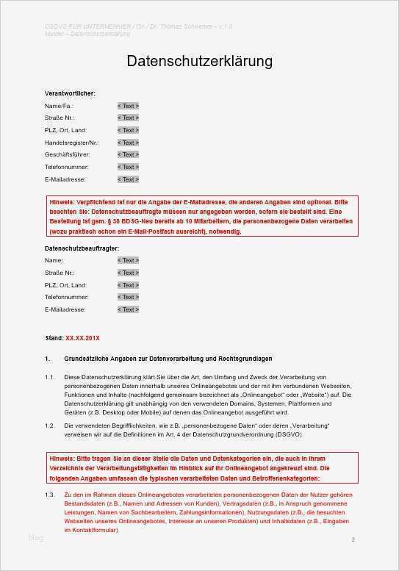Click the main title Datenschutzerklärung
point(200,61)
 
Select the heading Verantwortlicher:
point(70,94)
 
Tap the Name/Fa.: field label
point(59,106)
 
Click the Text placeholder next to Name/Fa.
point(128,106)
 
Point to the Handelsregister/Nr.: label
point(71,143)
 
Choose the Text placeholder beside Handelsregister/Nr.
point(128,143)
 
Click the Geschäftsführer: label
point(66,154)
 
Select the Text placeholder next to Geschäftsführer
point(128,154)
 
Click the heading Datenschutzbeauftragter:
point(82,248)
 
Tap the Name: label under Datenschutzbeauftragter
point(54,260)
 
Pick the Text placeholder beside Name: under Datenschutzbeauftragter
point(128,260)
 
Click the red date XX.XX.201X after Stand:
point(82,337)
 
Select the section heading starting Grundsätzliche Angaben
point(168,359)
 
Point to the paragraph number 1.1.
point(49,377)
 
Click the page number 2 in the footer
point(353,540)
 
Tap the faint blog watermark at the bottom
point(36,538)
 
